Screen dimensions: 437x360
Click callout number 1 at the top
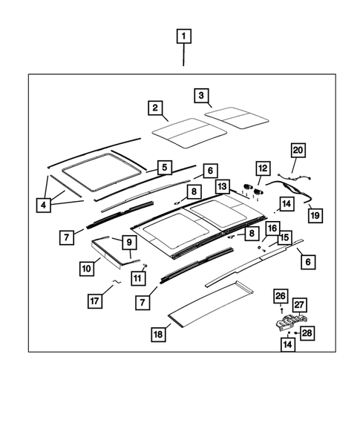pos(183,36)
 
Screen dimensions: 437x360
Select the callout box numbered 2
pos(155,109)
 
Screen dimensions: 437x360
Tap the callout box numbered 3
pos(200,95)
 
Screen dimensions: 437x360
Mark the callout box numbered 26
pos(280,298)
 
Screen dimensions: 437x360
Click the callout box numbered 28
pos(307,333)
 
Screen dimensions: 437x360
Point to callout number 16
pos(272,228)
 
